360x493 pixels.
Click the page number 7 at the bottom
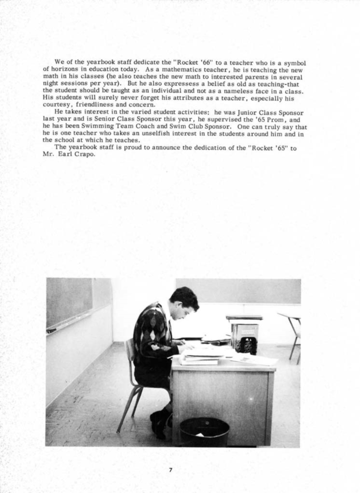(x=170, y=470)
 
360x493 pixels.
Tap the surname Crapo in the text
(x=85, y=154)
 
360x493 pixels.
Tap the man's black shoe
(x=158, y=423)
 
